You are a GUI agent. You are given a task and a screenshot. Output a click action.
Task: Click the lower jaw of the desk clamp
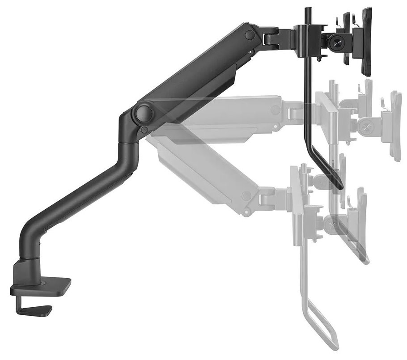[x=38, y=308]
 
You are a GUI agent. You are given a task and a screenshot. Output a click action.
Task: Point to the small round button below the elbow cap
[x=144, y=130]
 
